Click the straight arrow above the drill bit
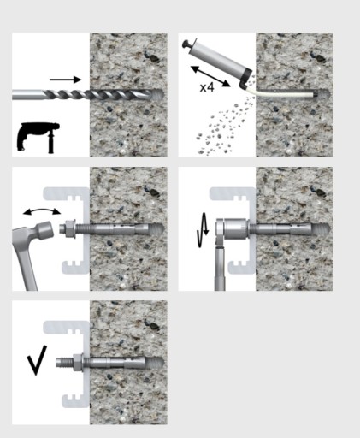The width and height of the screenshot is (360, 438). (x=66, y=80)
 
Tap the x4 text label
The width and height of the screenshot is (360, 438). (x=207, y=87)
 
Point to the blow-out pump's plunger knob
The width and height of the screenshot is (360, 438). (x=186, y=44)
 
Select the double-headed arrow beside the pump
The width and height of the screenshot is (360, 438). (x=210, y=76)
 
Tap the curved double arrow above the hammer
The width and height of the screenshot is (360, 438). (x=42, y=211)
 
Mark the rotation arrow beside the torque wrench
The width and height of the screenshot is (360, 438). (x=203, y=230)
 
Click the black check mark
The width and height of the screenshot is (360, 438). (x=37, y=360)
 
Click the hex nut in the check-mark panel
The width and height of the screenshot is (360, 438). (x=78, y=363)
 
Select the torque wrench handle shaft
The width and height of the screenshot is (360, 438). (x=220, y=268)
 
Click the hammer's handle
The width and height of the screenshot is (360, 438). (x=24, y=259)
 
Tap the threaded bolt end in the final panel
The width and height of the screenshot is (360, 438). (x=64, y=363)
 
